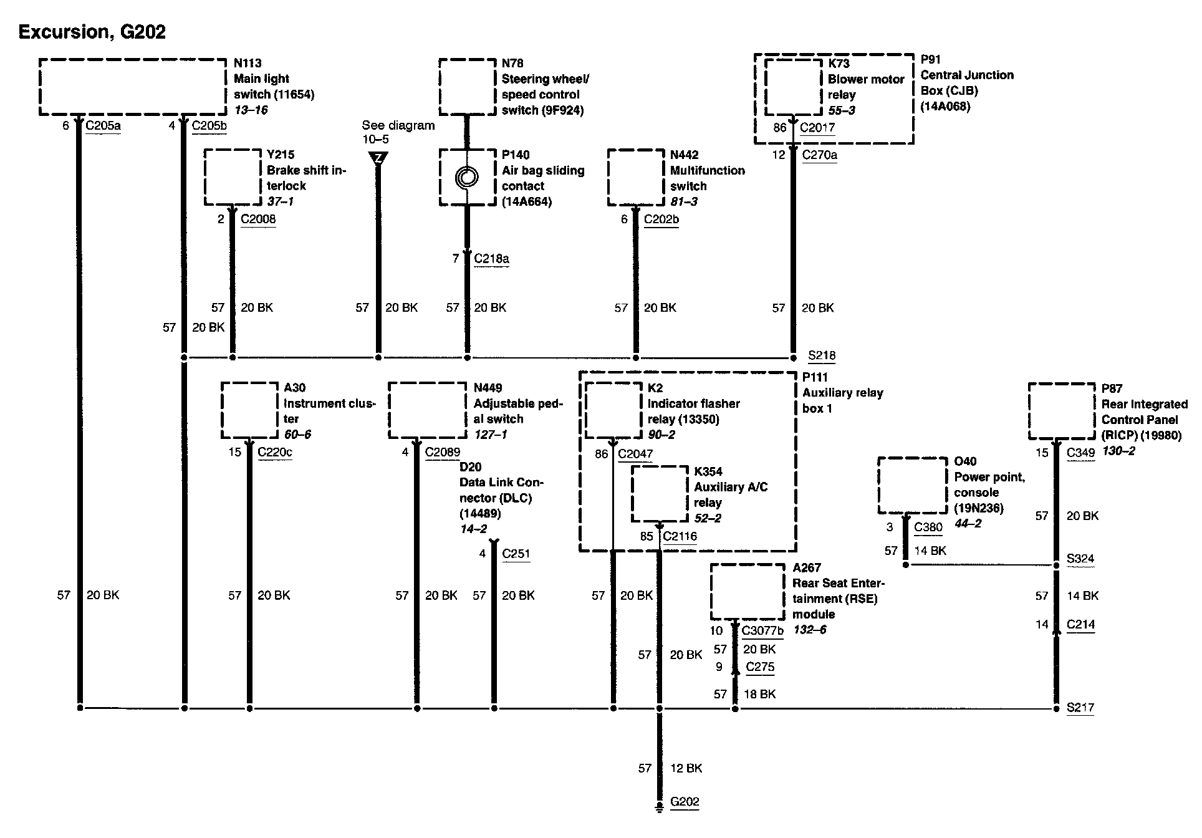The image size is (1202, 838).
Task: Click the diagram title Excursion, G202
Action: [92, 32]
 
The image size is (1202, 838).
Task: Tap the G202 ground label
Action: [685, 802]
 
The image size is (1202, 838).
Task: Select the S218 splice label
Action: [822, 355]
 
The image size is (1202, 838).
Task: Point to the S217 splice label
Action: [1080, 708]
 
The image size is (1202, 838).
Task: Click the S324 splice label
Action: [1080, 559]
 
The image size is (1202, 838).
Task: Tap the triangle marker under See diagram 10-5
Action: [378, 158]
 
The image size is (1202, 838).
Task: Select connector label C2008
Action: [258, 219]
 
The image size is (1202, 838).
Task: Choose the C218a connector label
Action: [491, 258]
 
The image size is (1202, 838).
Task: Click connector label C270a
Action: [820, 155]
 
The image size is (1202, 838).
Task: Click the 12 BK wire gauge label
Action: [686, 768]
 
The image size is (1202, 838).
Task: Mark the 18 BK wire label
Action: [760, 694]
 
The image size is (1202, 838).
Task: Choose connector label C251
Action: [516, 554]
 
